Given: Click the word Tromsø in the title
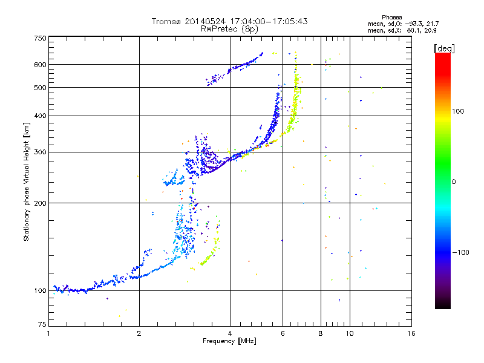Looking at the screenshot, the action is click(167, 21).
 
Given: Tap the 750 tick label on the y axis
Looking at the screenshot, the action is click(40, 38).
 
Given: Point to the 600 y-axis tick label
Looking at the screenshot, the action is click(40, 65).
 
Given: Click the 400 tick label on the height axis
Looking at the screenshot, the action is click(40, 116).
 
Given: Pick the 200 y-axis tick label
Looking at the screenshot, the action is click(40, 203).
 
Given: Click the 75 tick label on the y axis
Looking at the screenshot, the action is click(42, 324).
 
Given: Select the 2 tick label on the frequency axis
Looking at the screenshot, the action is click(139, 333).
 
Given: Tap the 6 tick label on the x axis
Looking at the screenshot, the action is click(283, 333).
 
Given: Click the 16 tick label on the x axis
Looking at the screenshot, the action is click(411, 333).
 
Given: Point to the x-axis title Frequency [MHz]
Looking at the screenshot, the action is click(229, 341).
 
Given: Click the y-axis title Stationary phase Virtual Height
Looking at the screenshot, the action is click(27, 182).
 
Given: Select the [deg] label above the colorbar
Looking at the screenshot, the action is click(444, 48).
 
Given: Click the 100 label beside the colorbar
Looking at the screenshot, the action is click(458, 111).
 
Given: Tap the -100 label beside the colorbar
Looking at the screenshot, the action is click(460, 252).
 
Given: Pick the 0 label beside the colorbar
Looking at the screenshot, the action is click(454, 182).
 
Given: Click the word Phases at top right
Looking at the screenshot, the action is click(391, 18).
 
